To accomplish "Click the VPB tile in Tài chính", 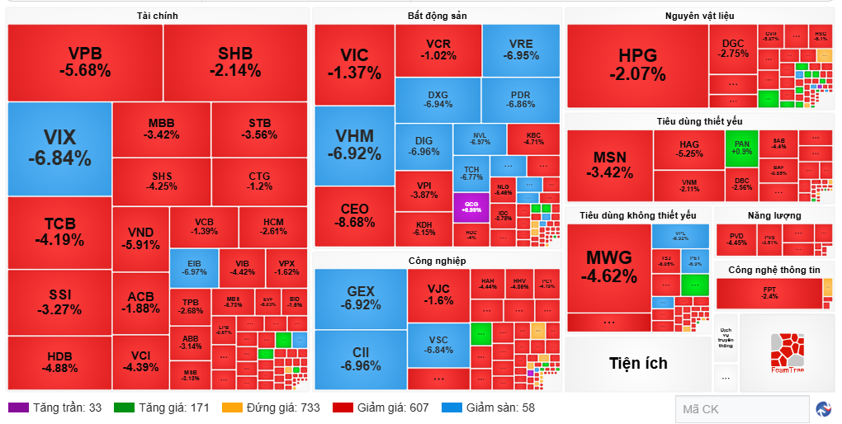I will tap(85, 63).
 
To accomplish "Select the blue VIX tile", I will tap(59, 148).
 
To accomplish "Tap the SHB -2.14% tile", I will tap(235, 63).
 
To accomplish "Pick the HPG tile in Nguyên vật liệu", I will tap(637, 65).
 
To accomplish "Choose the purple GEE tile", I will tap(471, 206).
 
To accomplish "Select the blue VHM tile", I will tap(354, 145).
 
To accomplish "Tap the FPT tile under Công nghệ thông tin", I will tap(769, 293).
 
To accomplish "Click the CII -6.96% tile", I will tap(361, 360).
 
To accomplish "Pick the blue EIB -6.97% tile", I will tap(194, 267).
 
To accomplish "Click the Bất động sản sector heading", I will tap(437, 16).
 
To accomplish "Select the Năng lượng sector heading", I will tap(774, 215).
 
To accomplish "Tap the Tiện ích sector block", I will tap(638, 363).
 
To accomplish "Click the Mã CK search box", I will tap(741, 408).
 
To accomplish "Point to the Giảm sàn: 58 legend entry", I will tap(489, 408).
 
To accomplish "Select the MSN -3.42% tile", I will tap(610, 165).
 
